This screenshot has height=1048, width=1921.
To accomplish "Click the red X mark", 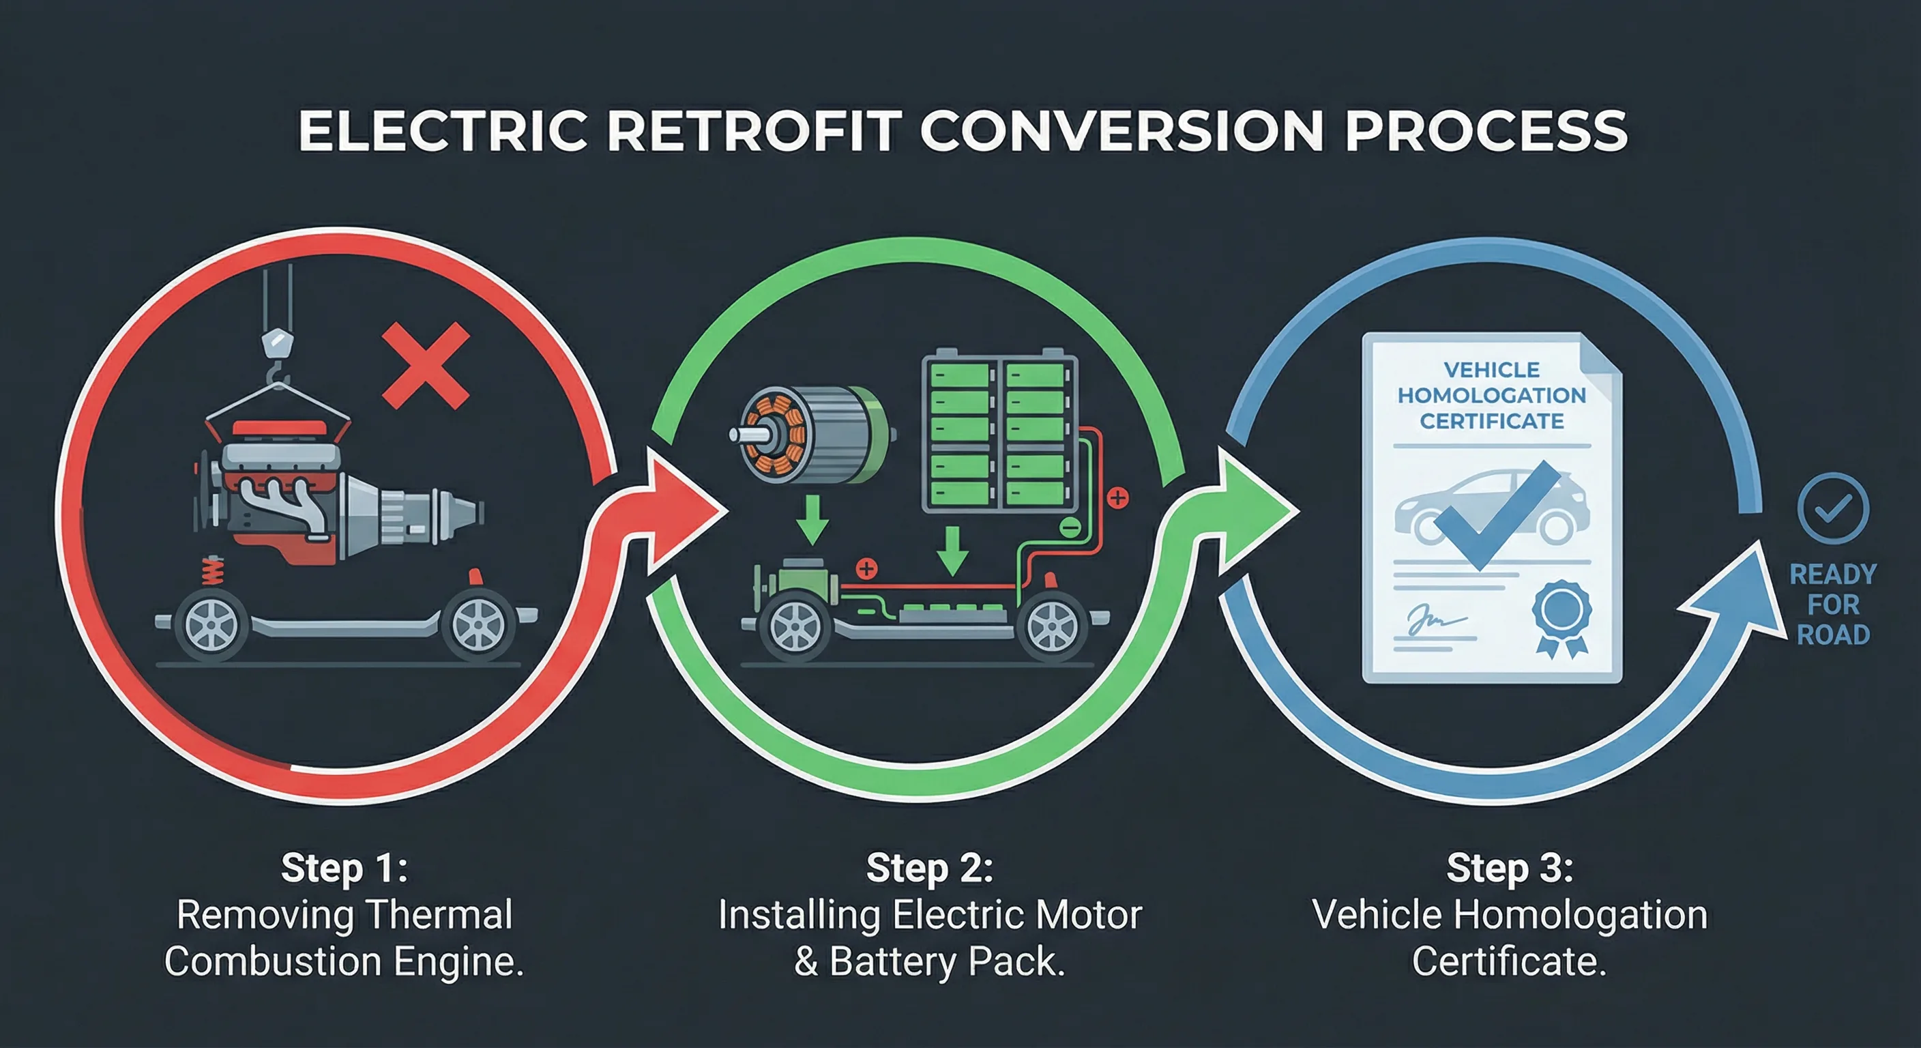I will click(x=425, y=366).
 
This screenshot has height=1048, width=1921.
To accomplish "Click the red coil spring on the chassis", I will click(x=214, y=571).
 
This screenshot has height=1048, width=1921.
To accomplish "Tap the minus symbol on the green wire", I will click(x=1070, y=527).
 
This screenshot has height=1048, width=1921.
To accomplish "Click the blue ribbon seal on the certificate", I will click(x=1561, y=615).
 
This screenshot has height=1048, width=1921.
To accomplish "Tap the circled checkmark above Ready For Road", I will click(x=1832, y=509).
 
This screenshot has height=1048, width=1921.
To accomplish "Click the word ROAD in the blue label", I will click(x=1833, y=635).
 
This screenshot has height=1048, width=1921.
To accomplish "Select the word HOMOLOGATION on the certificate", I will click(x=1491, y=395).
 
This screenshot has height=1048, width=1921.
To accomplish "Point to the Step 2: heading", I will click(x=929, y=867).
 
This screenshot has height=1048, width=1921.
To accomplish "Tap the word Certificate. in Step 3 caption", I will click(x=1508, y=961).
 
